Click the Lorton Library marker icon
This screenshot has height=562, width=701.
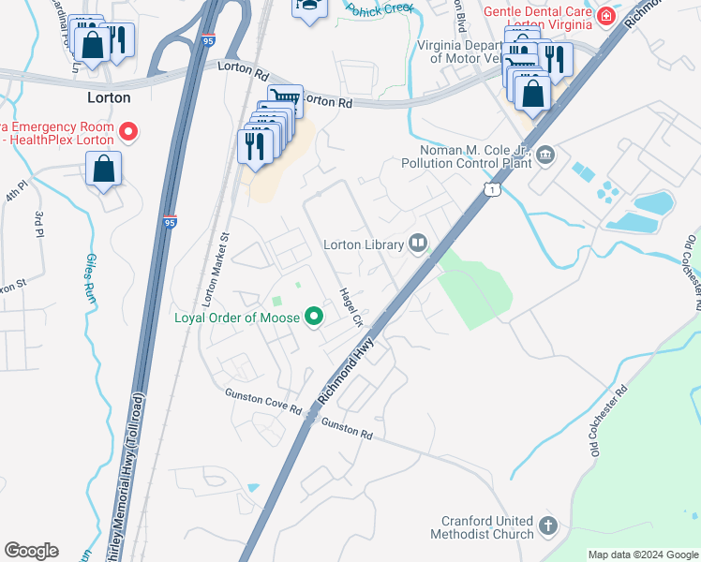[418, 244]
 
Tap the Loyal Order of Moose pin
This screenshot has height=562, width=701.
[315, 318]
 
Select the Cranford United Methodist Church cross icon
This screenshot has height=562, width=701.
[548, 527]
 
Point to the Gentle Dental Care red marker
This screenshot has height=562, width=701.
[606, 16]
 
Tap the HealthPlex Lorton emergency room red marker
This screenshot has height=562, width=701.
[129, 132]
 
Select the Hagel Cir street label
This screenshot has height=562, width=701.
[351, 306]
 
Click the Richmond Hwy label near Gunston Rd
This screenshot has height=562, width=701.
[346, 372]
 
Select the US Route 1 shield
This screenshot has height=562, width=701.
[492, 190]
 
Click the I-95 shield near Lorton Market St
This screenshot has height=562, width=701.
[169, 222]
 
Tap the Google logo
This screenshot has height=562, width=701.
[31, 551]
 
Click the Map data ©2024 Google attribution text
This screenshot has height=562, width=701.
[642, 555]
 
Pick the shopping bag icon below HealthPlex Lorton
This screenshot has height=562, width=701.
[104, 170]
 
